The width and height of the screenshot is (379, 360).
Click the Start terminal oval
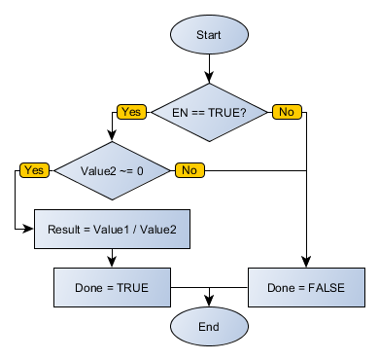point(209,35)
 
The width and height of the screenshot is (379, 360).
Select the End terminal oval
point(209,326)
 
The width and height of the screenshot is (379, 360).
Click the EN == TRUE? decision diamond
point(209,112)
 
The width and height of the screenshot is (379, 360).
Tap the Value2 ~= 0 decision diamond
point(112,171)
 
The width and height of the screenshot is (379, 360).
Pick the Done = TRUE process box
point(113,288)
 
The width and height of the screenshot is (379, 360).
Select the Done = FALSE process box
point(307,288)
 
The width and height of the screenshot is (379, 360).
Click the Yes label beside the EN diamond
point(131,112)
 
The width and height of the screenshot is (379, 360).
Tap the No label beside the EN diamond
point(286,112)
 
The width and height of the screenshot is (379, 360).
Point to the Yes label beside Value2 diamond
point(34,170)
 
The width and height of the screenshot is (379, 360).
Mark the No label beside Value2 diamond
point(189,170)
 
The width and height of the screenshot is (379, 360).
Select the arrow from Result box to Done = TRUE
point(113,258)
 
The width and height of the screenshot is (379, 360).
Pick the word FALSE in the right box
point(328,288)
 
